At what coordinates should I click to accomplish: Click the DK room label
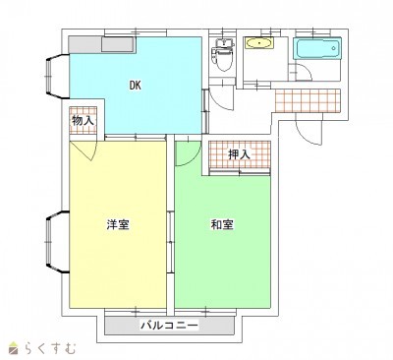point(135,86)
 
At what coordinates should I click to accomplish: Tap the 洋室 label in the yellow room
point(118,224)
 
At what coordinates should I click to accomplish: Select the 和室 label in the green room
point(222,224)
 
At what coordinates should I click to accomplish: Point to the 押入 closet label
point(239,154)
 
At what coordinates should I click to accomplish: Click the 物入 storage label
point(84,121)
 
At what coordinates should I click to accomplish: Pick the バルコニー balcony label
point(169,326)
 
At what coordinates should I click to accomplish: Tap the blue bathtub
point(317,48)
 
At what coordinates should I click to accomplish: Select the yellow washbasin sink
point(258,43)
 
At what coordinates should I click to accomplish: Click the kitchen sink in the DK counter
point(118,44)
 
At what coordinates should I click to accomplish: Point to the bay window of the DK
point(57,77)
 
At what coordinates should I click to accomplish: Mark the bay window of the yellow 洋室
point(57,243)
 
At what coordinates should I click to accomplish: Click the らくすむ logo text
point(50,348)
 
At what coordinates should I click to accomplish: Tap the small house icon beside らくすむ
point(15,348)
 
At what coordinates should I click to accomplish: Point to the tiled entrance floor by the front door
point(308,100)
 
